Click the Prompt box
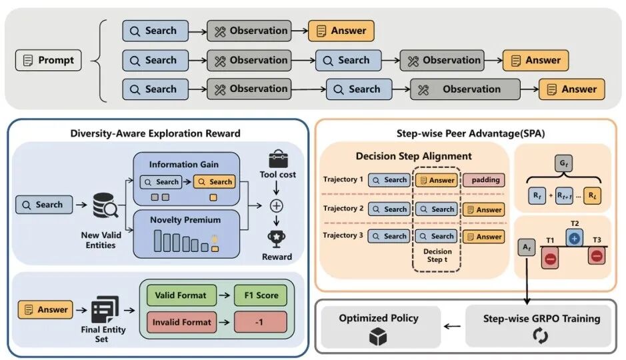[48, 60]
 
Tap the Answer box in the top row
[341, 31]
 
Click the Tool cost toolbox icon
[278, 159]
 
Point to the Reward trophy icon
[276, 238]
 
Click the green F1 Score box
[261, 295]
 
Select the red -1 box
[261, 322]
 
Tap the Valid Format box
[181, 295]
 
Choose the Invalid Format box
[181, 322]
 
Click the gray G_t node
[563, 163]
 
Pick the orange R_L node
[592, 195]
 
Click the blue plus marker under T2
[574, 238]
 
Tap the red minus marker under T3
[597, 256]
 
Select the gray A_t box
[527, 247]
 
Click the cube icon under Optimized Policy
[378, 337]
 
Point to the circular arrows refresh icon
[540, 335]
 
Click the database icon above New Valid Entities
[105, 205]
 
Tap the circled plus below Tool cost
[276, 206]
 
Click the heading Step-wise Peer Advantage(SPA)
[471, 133]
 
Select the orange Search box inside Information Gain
[215, 182]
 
